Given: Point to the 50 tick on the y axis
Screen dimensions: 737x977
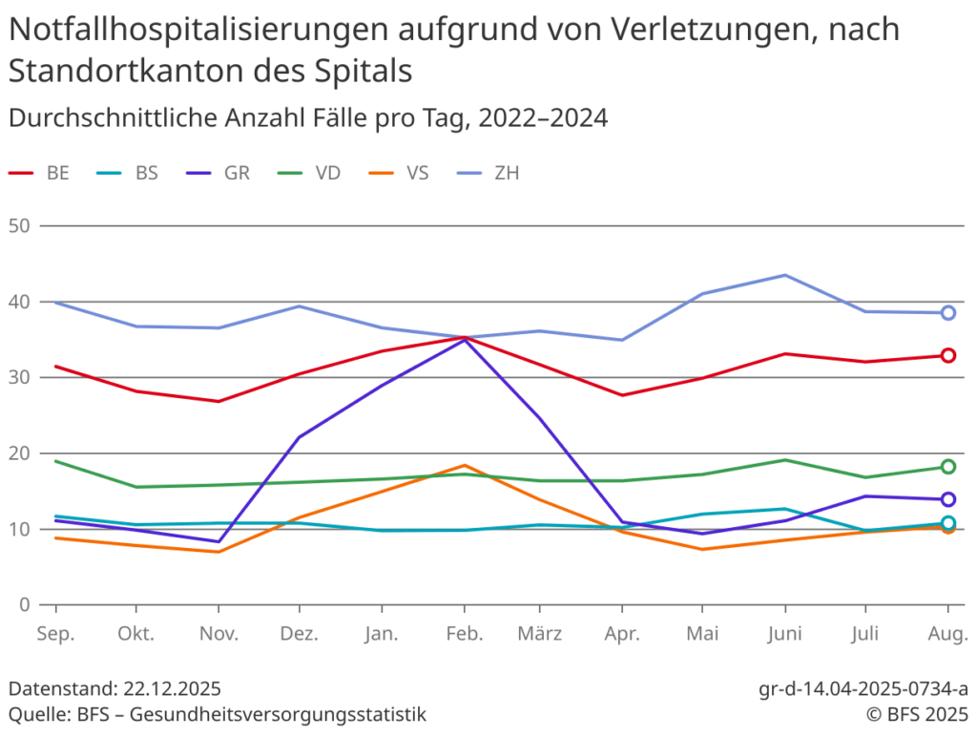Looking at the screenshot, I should pyautogui.click(x=19, y=226).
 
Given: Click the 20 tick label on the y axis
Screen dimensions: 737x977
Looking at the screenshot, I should pyautogui.click(x=19, y=453).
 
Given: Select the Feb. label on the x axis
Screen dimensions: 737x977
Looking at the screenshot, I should pyautogui.click(x=465, y=634).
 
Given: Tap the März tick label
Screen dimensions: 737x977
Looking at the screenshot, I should pyautogui.click(x=539, y=634).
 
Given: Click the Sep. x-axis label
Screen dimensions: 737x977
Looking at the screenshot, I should pyautogui.click(x=55, y=634).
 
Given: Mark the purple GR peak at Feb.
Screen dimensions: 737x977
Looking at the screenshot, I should pyautogui.click(x=465, y=339).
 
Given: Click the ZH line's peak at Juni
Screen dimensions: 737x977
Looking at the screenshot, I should pyautogui.click(x=785, y=275).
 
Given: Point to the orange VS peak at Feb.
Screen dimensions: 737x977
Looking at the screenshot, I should pyautogui.click(x=465, y=466).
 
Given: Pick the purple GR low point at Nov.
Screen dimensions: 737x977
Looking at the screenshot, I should pyautogui.click(x=218, y=541).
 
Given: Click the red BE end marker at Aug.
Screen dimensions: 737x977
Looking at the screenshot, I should pyautogui.click(x=947, y=355).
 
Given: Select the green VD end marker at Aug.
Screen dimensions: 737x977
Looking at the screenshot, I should pyautogui.click(x=947, y=467).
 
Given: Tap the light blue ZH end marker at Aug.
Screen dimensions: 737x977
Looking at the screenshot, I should pyautogui.click(x=947, y=312).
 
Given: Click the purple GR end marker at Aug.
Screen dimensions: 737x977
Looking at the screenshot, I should pyautogui.click(x=947, y=499).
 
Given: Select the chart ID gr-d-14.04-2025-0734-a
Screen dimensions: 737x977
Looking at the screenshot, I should pyautogui.click(x=863, y=689).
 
